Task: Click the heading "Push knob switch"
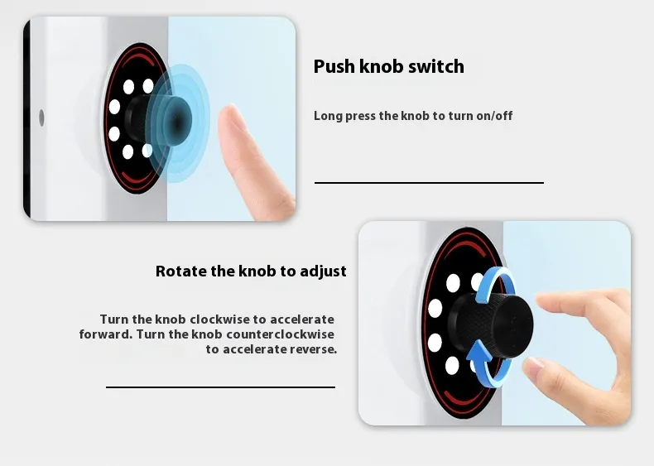[389, 67]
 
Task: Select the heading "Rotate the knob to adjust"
[251, 271]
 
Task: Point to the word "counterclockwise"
[281, 334]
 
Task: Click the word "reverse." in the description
[313, 349]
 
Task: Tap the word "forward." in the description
[106, 334]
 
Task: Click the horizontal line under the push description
[429, 182]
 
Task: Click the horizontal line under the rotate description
[221, 387]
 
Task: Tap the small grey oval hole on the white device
[41, 118]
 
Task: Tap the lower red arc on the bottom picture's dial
[463, 401]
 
